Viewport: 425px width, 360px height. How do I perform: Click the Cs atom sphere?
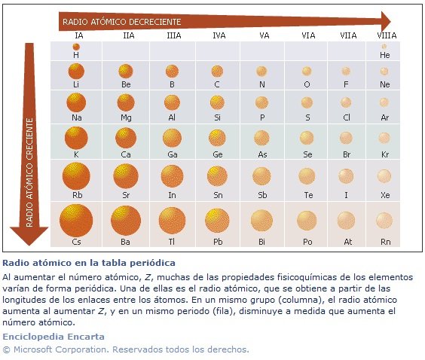[76, 221]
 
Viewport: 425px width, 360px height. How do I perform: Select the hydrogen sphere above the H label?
[76, 47]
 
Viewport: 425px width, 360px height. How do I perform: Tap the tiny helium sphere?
[384, 47]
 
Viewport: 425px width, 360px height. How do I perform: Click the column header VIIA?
[348, 35]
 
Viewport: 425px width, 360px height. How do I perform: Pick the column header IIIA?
[174, 35]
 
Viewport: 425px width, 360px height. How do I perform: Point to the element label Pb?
[218, 242]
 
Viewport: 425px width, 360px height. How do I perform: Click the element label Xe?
[385, 195]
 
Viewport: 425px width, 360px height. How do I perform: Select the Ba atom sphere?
[126, 221]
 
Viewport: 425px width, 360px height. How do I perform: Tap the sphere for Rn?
[384, 221]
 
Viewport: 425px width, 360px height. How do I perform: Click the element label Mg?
[126, 117]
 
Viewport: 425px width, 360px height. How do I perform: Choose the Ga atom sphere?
[172, 138]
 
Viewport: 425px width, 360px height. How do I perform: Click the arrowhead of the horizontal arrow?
[386, 21]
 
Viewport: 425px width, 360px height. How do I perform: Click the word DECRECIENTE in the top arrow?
[154, 22]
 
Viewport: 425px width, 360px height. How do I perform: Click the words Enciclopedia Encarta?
[54, 337]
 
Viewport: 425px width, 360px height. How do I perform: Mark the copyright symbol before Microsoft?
[7, 349]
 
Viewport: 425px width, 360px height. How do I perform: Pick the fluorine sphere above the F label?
[346, 72]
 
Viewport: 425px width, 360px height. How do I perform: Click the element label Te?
[308, 195]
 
